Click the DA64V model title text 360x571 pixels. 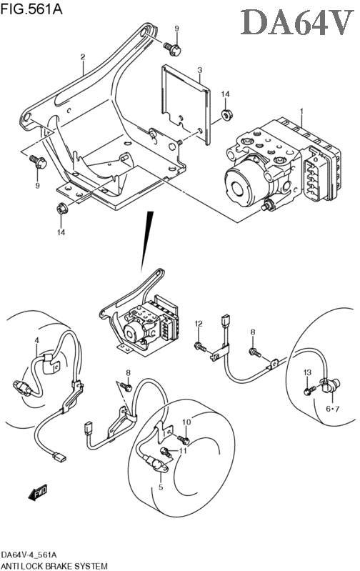click(297, 23)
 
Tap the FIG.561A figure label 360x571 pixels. click(31, 8)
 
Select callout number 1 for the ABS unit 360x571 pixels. click(301, 110)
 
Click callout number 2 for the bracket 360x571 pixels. click(83, 56)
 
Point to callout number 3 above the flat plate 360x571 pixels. click(199, 69)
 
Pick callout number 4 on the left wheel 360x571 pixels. click(36, 340)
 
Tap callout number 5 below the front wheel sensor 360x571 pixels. click(161, 487)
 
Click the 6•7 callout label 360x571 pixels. click(332, 409)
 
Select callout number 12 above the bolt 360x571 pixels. click(198, 323)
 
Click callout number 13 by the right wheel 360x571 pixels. click(308, 372)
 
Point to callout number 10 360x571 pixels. click(186, 422)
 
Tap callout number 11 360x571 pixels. click(183, 451)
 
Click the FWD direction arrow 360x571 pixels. click(37, 493)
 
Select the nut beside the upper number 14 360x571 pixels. click(227, 116)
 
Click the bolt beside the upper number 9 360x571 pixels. click(172, 49)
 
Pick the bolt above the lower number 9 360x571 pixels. click(38, 162)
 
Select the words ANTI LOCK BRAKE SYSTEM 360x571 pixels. click(54, 566)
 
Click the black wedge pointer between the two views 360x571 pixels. click(146, 241)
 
